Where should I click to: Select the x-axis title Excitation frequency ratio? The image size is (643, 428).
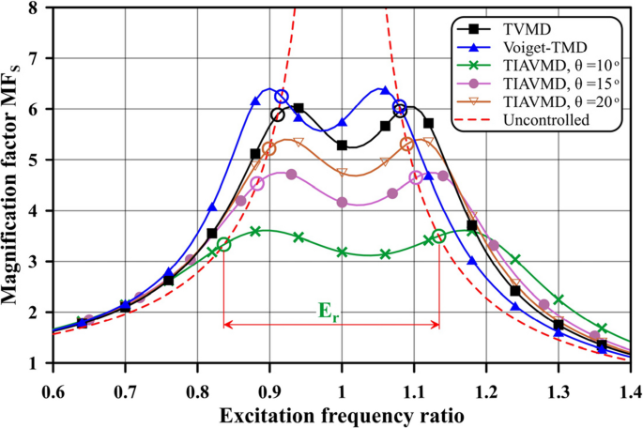click(341, 413)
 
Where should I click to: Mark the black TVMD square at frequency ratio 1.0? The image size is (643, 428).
click(342, 145)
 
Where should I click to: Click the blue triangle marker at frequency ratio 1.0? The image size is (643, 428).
click(342, 123)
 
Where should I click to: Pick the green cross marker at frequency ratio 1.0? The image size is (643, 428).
click(342, 252)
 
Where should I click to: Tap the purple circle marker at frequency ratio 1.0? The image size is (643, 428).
click(342, 202)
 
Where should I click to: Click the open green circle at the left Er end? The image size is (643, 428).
click(223, 244)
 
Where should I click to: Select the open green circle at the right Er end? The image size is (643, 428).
click(438, 236)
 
